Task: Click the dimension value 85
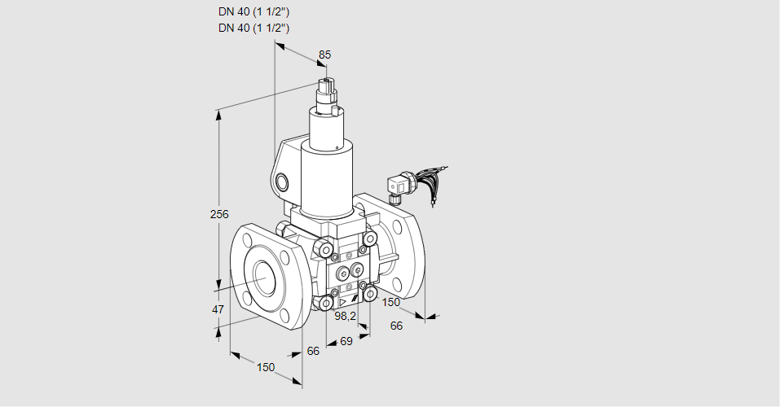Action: [x=325, y=55]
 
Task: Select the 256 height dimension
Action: [x=218, y=214]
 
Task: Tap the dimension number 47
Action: [x=218, y=309]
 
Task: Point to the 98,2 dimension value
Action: [x=346, y=316]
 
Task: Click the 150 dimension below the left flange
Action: [x=266, y=367]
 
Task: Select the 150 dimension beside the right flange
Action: [x=392, y=303]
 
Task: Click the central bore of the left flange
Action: [x=265, y=278]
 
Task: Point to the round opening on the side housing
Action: [x=283, y=181]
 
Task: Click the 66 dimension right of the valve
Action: [x=397, y=326]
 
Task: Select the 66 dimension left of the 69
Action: [x=313, y=351]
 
